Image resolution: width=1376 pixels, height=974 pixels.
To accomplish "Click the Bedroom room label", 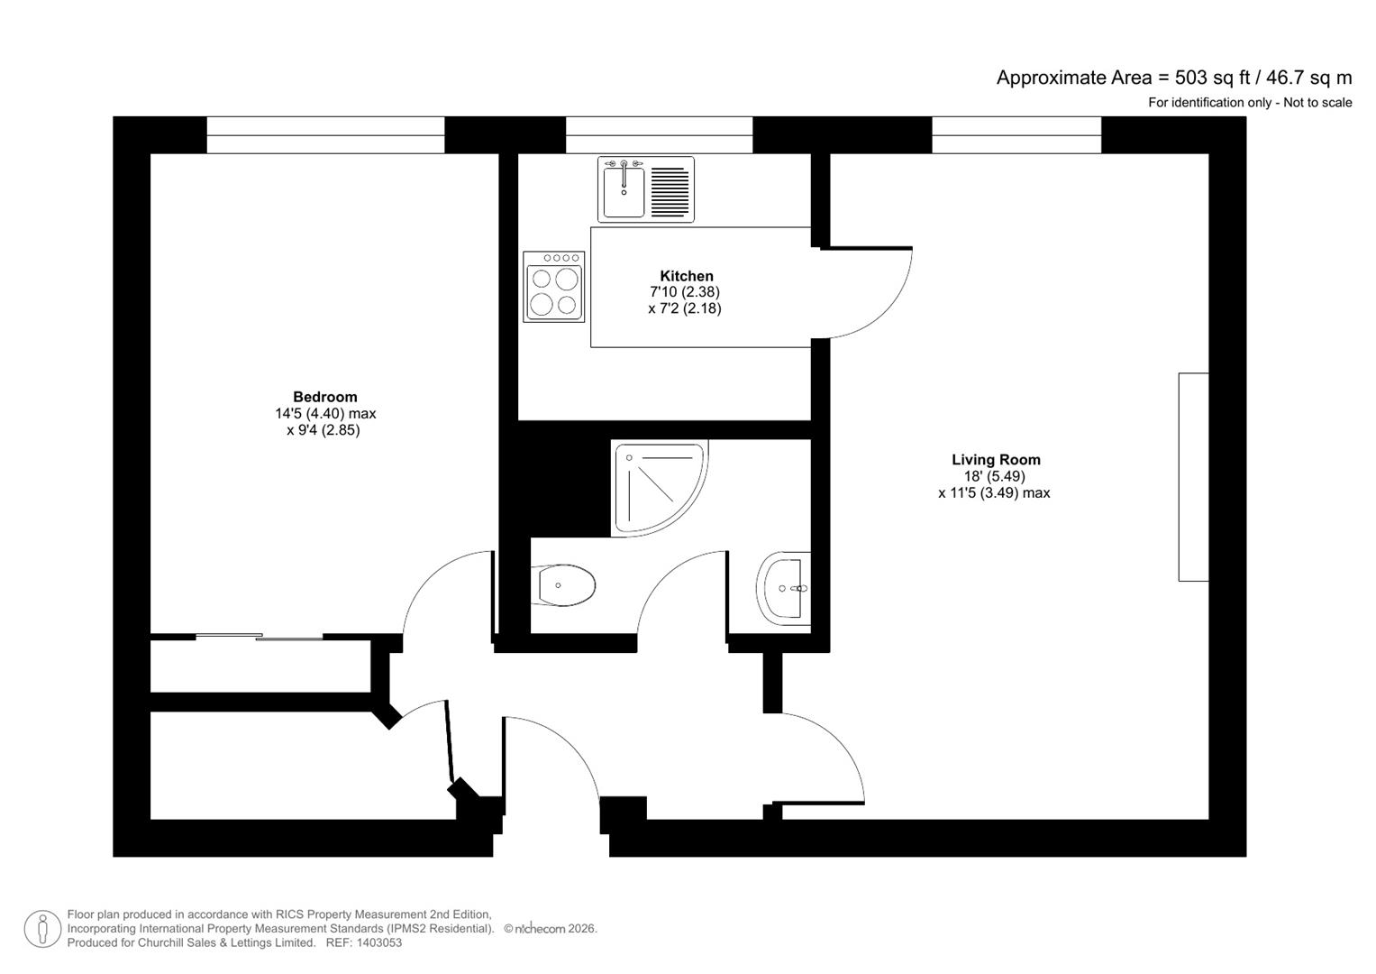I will (324, 397).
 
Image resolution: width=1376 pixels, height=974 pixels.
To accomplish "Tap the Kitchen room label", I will (686, 276).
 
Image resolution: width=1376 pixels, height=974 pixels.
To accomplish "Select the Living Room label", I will (996, 460).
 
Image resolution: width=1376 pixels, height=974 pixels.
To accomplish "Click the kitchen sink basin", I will (624, 190).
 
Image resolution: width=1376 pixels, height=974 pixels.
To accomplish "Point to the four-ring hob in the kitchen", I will (553, 287).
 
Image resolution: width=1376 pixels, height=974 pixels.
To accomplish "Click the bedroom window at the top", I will (325, 135).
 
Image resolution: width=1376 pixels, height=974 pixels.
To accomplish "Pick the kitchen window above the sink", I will (659, 135).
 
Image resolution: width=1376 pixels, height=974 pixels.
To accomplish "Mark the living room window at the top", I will (1016, 135).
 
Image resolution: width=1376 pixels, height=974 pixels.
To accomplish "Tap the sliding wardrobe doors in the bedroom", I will (260, 638).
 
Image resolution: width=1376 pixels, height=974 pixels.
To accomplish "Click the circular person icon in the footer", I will (42, 929).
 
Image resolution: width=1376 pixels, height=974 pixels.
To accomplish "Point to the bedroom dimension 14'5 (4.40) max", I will (324, 414).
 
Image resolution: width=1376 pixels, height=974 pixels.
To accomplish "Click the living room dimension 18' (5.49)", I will (994, 476).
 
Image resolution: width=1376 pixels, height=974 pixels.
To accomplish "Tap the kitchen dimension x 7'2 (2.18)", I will (684, 308).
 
